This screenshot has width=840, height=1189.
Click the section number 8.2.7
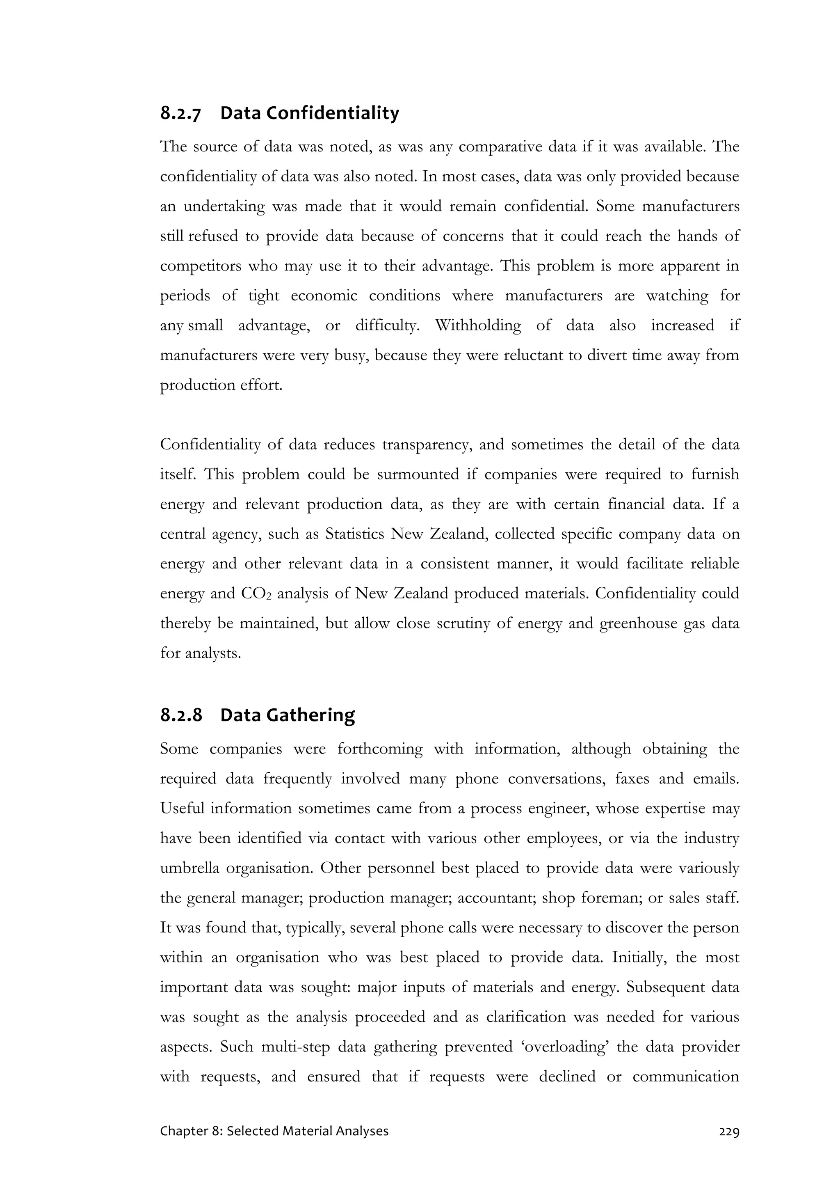coord(180,113)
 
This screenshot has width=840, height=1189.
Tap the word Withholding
coord(478,326)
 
